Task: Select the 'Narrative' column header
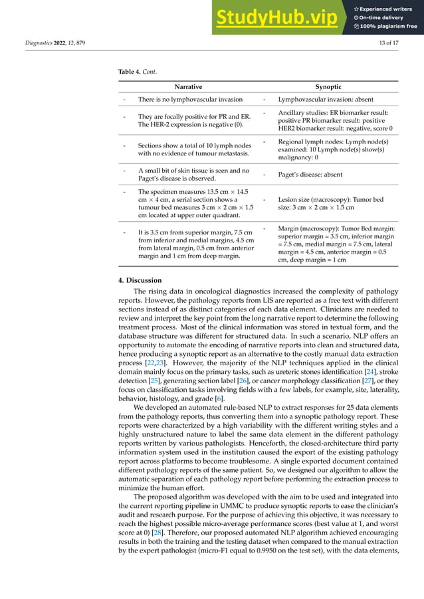188,87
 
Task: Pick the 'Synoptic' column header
328,87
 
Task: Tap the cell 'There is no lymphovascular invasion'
190,99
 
